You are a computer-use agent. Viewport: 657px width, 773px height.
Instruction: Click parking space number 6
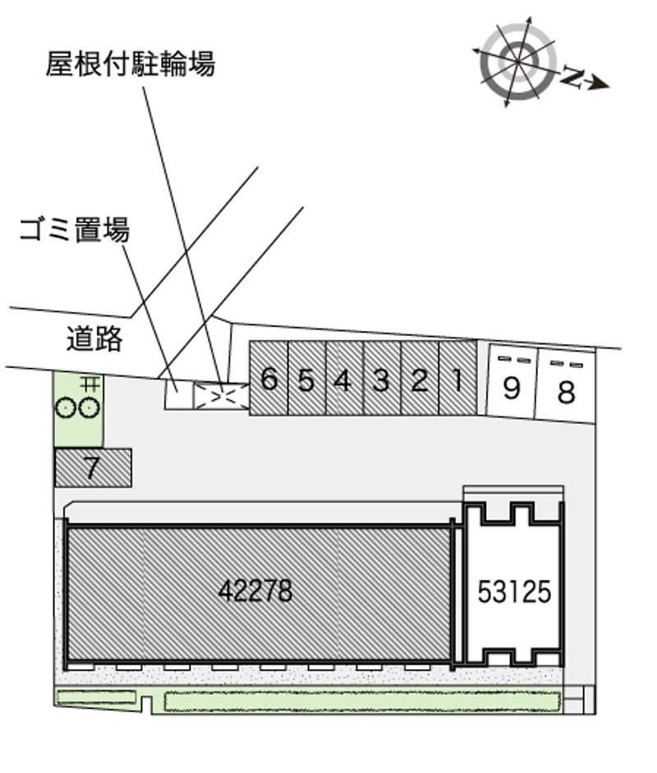pos(268,378)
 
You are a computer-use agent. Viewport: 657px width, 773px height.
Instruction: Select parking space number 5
pos(306,378)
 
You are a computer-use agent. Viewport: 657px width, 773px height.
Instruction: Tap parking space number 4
pos(345,378)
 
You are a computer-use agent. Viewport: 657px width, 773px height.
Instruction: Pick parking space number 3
pos(382,378)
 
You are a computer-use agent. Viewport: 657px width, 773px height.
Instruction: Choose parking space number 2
pos(420,378)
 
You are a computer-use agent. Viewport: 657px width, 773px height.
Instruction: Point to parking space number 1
pos(458,378)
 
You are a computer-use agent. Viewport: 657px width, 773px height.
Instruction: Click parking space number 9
pos(512,381)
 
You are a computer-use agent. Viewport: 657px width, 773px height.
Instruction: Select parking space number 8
pos(565,385)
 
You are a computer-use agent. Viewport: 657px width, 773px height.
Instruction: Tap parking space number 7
pos(93,468)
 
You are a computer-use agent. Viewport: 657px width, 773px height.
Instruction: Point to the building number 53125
pos(514,591)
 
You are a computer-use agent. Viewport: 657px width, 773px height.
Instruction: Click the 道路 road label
pos(94,338)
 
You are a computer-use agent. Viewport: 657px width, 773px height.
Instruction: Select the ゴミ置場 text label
pos(75,230)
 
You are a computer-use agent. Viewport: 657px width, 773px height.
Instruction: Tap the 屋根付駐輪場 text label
pos(131,63)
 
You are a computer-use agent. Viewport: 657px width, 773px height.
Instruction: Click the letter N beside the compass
pos(572,76)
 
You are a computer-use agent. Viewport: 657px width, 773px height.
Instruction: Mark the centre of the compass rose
pos(518,61)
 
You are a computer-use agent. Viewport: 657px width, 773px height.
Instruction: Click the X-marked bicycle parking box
pos(222,397)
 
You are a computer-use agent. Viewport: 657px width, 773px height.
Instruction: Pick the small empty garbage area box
pos(178,393)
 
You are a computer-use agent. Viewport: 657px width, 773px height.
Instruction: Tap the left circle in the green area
pos(65,408)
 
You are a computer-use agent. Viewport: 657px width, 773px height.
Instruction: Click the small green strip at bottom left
pos(97,697)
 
